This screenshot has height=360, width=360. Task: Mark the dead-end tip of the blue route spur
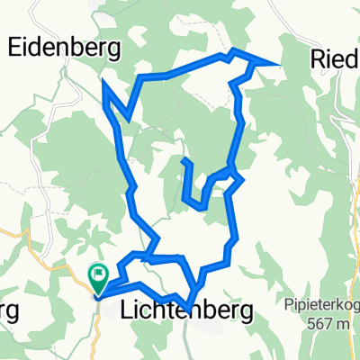pos(184,160)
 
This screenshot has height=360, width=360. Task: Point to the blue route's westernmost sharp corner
pos(105,84)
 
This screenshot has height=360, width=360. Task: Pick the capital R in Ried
pos(318,58)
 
